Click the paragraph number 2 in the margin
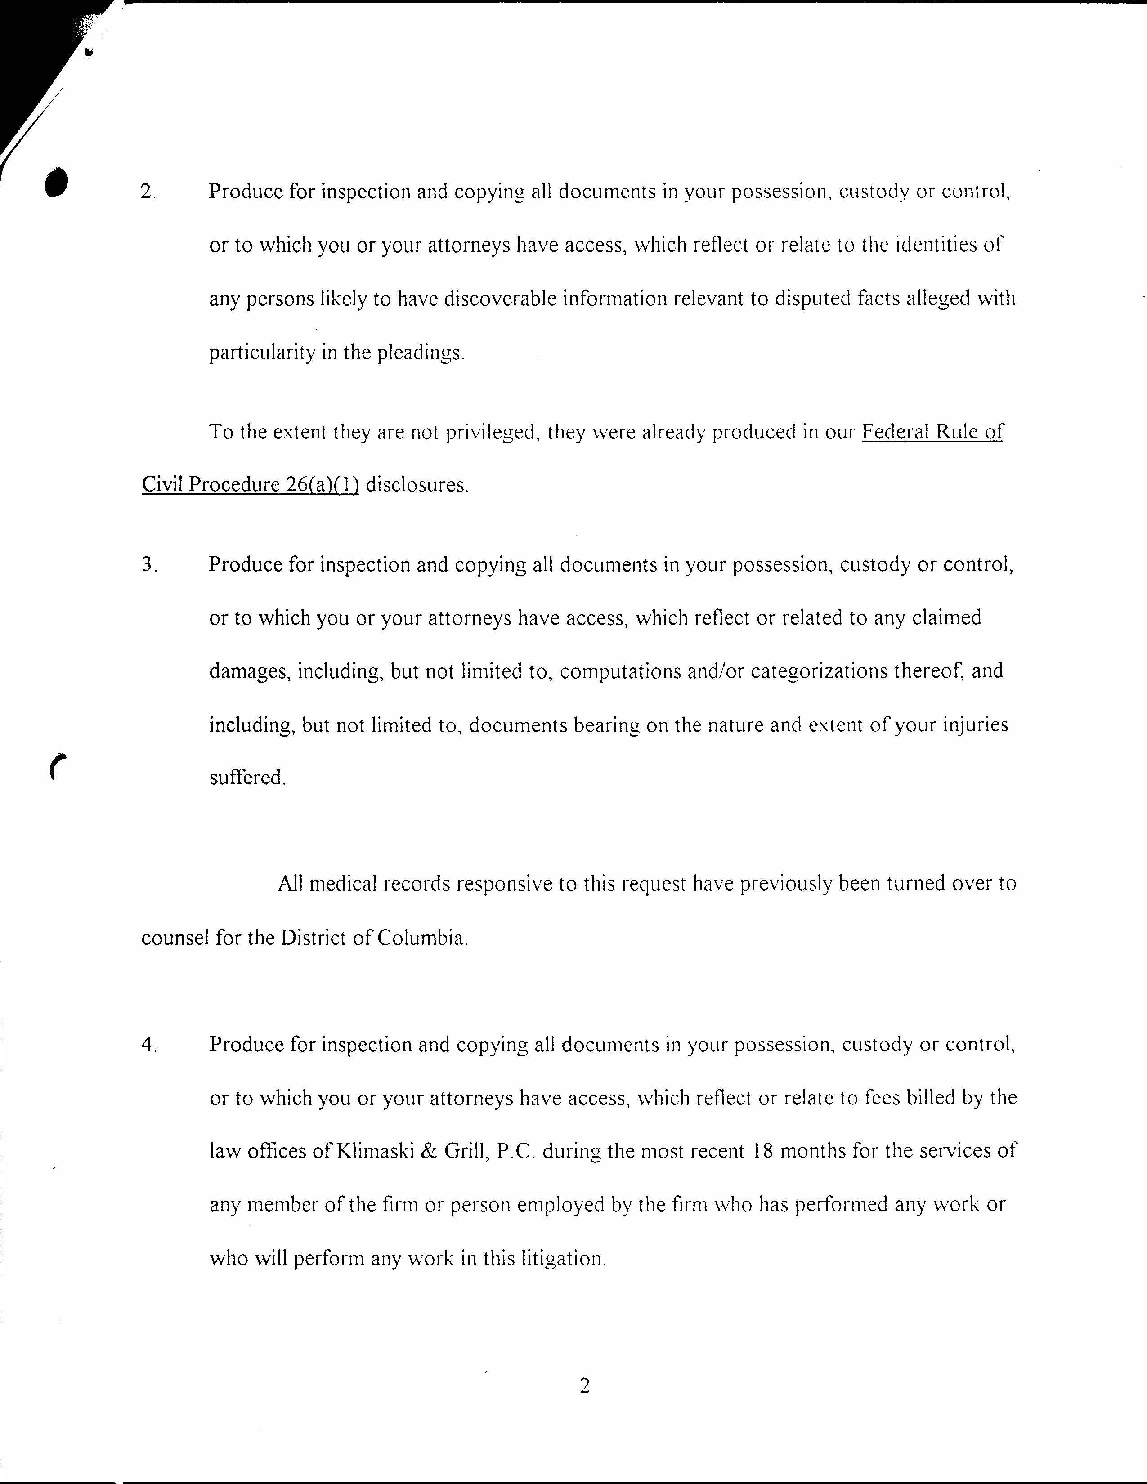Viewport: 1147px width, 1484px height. tap(148, 192)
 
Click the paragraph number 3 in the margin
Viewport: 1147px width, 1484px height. tap(149, 565)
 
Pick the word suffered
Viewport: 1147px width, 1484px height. tap(246, 778)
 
